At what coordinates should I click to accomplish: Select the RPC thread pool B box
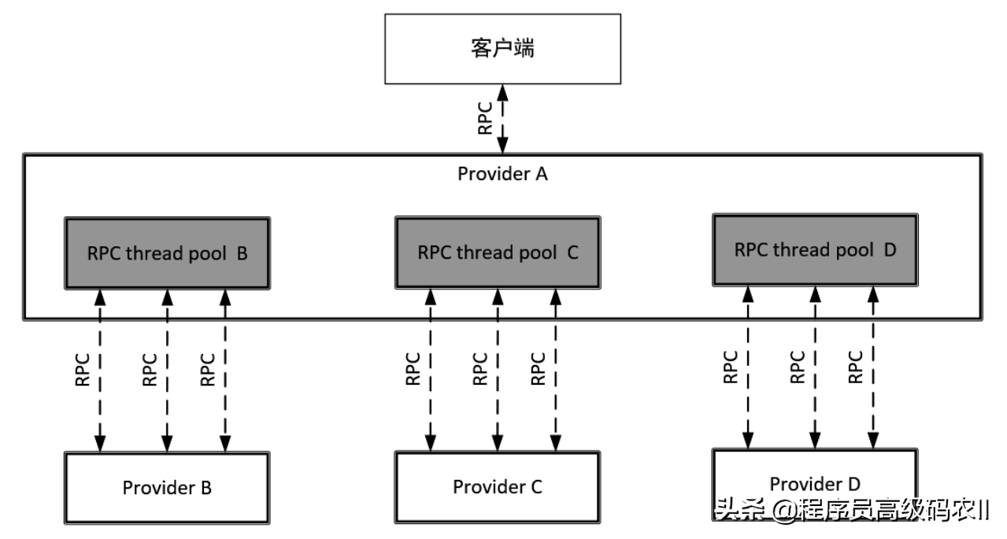tap(167, 253)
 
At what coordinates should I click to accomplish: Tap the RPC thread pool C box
tap(497, 253)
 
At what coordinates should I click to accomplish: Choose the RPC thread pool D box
tap(814, 249)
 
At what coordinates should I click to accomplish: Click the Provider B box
tap(167, 487)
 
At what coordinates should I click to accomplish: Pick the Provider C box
tap(497, 487)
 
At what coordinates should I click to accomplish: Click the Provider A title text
tap(502, 174)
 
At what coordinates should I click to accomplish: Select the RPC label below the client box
tap(486, 118)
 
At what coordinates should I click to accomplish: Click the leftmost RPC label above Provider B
tap(83, 369)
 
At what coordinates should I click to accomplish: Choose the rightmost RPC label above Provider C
tap(538, 368)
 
